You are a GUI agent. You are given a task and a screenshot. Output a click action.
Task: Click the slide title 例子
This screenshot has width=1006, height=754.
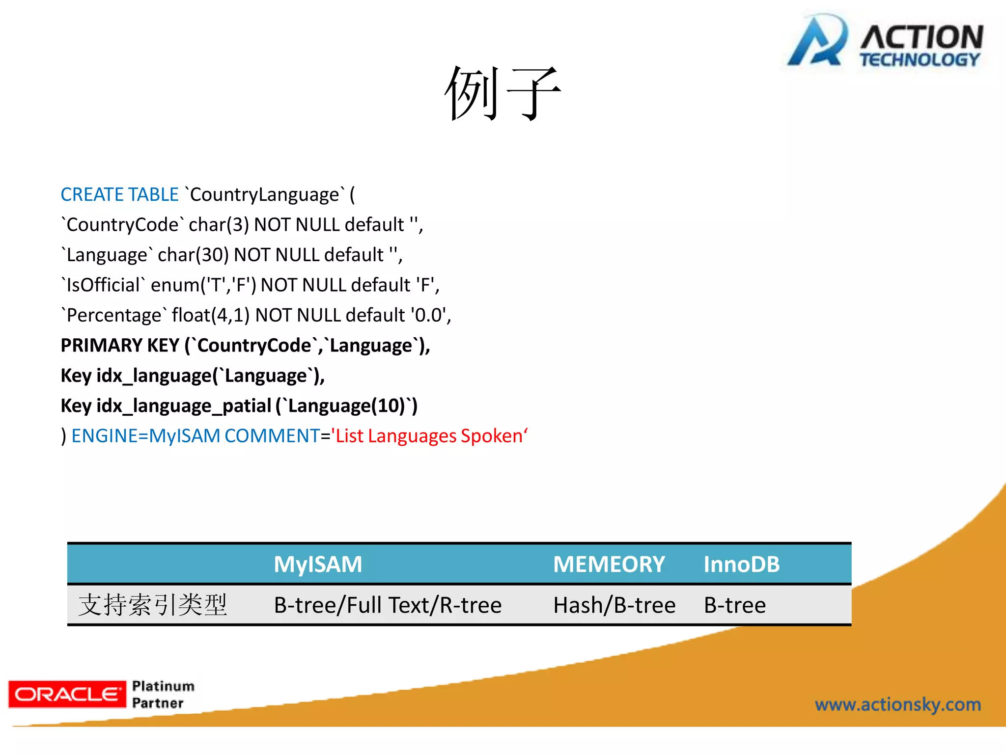(502, 93)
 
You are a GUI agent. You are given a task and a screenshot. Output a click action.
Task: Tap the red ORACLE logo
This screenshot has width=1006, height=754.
(67, 694)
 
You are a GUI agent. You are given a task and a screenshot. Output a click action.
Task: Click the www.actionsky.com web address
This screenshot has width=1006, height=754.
(897, 705)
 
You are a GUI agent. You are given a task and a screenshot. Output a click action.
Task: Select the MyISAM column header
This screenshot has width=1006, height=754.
(318, 565)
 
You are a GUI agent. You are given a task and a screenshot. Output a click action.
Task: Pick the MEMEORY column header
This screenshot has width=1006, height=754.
(609, 565)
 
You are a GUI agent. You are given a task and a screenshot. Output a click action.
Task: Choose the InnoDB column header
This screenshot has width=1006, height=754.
(741, 565)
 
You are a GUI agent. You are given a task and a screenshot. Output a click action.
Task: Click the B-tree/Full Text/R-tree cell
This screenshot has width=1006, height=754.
(388, 605)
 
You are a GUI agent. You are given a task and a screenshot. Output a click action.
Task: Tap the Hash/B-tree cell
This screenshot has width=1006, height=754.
(614, 605)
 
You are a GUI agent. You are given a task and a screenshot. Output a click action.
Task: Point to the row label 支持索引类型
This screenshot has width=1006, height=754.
(153, 605)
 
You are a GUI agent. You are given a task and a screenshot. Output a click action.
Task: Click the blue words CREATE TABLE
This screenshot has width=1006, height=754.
(119, 195)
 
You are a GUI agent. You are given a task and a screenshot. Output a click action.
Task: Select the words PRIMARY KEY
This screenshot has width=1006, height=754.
(119, 346)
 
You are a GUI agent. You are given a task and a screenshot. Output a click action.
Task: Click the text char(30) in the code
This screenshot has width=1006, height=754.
(193, 255)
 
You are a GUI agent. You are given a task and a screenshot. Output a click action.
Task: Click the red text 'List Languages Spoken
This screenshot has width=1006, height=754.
(429, 436)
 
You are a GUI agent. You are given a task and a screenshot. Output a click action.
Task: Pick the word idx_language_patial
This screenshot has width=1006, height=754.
(184, 406)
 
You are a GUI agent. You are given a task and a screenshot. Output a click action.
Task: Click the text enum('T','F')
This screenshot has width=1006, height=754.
(203, 285)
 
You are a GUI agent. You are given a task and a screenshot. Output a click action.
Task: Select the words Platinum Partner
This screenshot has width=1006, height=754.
(163, 694)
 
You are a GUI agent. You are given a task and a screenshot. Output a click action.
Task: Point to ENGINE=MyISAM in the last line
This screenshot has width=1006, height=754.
(145, 436)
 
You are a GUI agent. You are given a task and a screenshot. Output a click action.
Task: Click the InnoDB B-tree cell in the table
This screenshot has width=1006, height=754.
(734, 605)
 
